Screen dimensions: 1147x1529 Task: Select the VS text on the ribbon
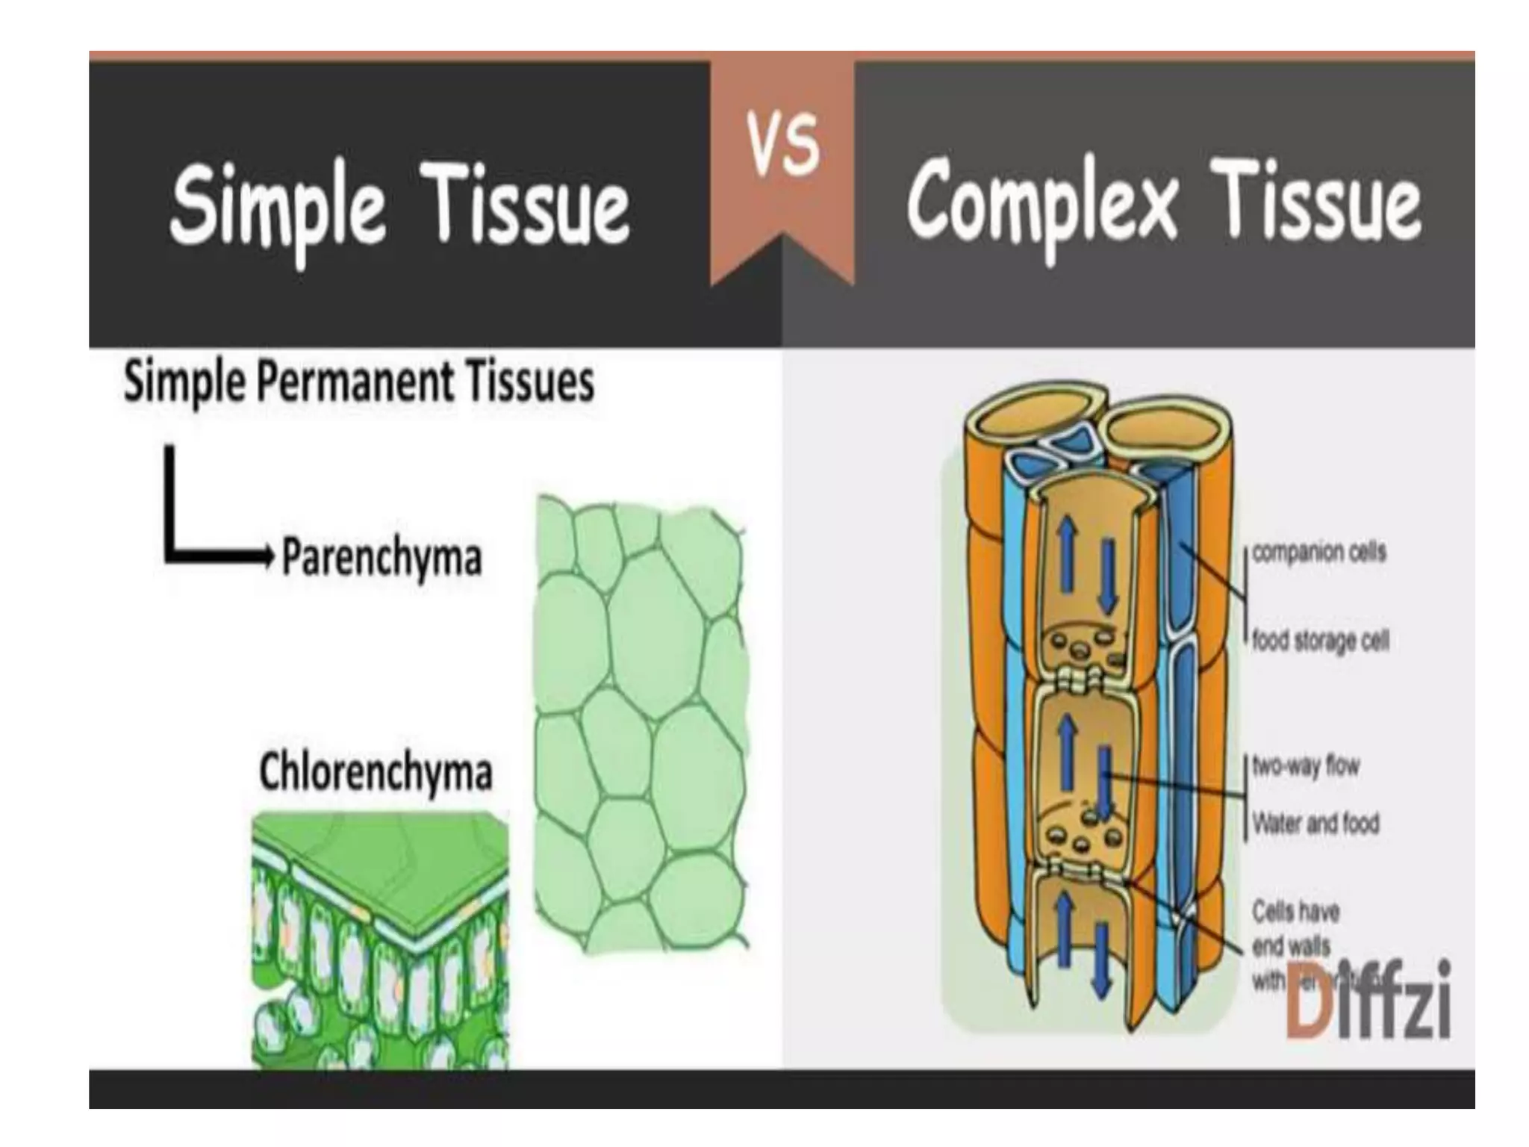point(783,146)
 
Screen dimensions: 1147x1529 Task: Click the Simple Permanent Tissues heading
point(358,382)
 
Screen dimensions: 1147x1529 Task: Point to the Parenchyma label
point(382,559)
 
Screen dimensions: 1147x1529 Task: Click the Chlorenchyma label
point(376,773)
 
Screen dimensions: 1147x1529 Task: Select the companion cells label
point(1318,553)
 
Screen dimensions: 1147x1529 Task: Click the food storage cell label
point(1320,641)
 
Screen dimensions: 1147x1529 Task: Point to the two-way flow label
point(1306,766)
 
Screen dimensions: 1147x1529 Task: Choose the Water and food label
point(1315,824)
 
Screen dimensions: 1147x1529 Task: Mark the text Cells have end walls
point(1296,929)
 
